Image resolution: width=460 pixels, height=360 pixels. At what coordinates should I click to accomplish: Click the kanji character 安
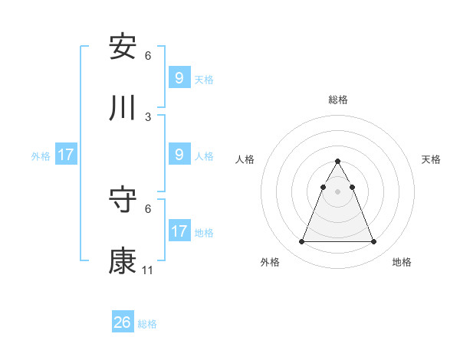pyautogui.click(x=123, y=47)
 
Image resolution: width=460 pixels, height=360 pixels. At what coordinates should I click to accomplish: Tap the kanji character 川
pyautogui.click(x=123, y=108)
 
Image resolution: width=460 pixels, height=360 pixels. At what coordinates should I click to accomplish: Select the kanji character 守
pyautogui.click(x=123, y=201)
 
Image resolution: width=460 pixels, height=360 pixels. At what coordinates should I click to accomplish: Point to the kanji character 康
pyautogui.click(x=123, y=261)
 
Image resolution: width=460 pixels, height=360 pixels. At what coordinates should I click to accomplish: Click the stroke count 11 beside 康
pyautogui.click(x=148, y=270)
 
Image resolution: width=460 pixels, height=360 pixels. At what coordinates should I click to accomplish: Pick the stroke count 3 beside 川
pyautogui.click(x=148, y=116)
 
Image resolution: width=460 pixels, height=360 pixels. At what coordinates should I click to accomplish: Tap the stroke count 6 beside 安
pyautogui.click(x=148, y=55)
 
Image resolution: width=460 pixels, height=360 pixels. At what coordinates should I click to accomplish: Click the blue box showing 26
pyautogui.click(x=123, y=322)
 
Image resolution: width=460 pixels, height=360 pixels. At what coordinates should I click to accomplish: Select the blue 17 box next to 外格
pyautogui.click(x=66, y=155)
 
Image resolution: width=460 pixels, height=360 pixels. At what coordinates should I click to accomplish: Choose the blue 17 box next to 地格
pyautogui.click(x=179, y=231)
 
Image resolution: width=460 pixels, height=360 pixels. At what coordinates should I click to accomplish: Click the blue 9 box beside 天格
pyautogui.click(x=179, y=78)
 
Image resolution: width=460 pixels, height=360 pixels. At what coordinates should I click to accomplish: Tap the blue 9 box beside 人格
pyautogui.click(x=179, y=155)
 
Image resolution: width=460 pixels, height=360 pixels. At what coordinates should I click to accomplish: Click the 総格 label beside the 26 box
pyautogui.click(x=147, y=324)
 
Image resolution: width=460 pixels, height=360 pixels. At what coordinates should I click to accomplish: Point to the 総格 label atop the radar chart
pyautogui.click(x=338, y=100)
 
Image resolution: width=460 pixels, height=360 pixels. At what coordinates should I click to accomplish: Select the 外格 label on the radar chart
pyautogui.click(x=270, y=262)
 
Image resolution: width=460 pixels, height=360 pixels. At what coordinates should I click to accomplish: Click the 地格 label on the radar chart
pyautogui.click(x=402, y=262)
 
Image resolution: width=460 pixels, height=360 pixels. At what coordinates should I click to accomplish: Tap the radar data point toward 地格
pyautogui.click(x=374, y=242)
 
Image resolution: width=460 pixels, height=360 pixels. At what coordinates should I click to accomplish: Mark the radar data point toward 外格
pyautogui.click(x=301, y=242)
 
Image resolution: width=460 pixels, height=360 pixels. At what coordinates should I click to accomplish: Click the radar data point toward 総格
pyautogui.click(x=338, y=162)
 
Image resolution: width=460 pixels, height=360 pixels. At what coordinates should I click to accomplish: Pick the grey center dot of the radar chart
pyautogui.click(x=338, y=191)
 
